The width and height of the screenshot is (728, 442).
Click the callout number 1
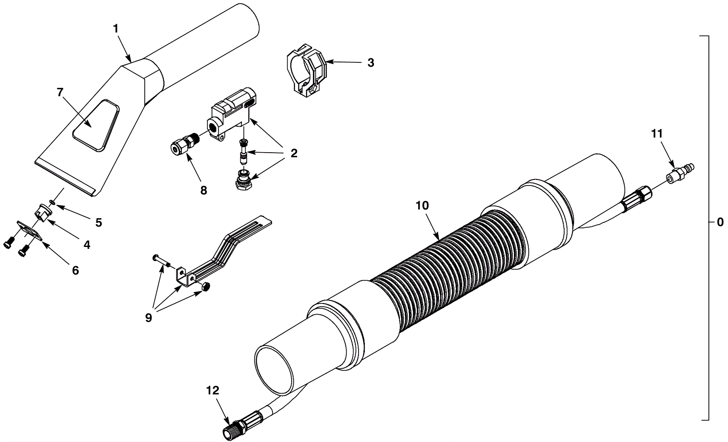(116, 29)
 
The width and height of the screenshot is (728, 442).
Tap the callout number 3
(371, 63)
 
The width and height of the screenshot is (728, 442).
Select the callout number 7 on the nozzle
(60, 93)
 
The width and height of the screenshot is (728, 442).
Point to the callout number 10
(423, 206)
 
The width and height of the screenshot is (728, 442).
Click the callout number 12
(213, 391)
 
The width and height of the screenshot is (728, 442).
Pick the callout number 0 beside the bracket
(720, 222)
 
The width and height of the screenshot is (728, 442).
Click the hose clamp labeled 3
(307, 71)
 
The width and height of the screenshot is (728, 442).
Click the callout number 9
(148, 317)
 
